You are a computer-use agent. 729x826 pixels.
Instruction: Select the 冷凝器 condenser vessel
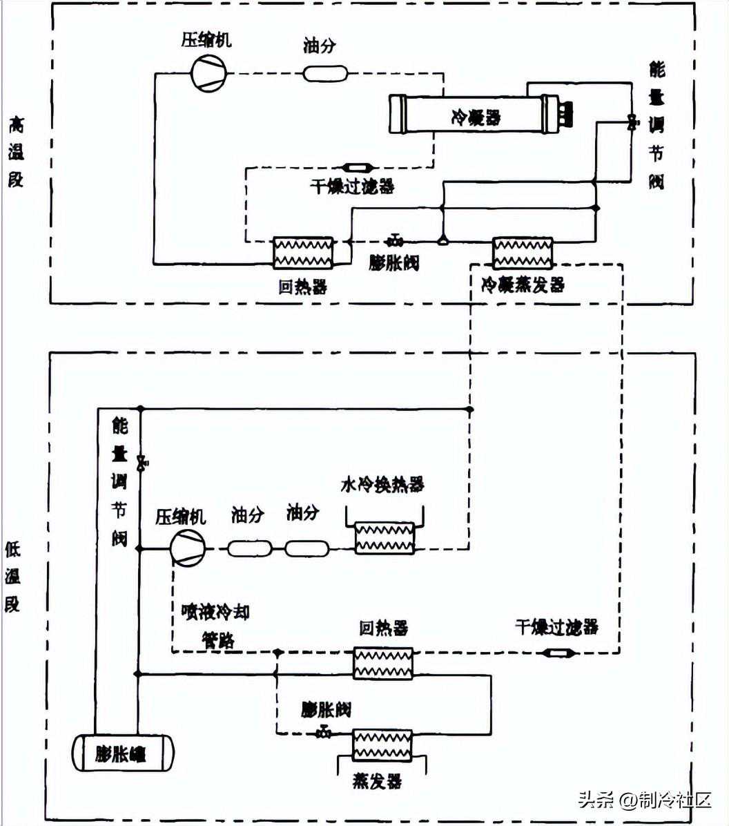pos(474,115)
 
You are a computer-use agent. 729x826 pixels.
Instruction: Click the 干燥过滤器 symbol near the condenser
pos(358,167)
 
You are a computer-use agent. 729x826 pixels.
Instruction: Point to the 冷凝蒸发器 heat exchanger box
pos(523,253)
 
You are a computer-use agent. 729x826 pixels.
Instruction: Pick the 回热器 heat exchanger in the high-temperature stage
pos(303,253)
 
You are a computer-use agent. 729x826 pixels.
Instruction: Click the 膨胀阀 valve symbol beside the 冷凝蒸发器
pos(396,240)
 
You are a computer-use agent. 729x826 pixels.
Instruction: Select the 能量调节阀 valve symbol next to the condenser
pos(631,123)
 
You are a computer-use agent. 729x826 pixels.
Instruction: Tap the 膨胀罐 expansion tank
pos(124,752)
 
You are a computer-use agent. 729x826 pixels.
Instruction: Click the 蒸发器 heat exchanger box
pos(382,746)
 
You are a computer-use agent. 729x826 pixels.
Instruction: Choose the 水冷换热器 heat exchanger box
pos(384,538)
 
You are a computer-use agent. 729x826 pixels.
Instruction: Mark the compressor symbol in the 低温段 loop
pos(188,548)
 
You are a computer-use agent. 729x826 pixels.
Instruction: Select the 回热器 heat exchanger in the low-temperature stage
pos(382,663)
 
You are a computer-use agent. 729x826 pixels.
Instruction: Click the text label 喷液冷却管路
pos(215,626)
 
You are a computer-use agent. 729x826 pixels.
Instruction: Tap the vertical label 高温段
pos(15,152)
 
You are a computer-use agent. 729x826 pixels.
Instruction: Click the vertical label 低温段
pos(13,577)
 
